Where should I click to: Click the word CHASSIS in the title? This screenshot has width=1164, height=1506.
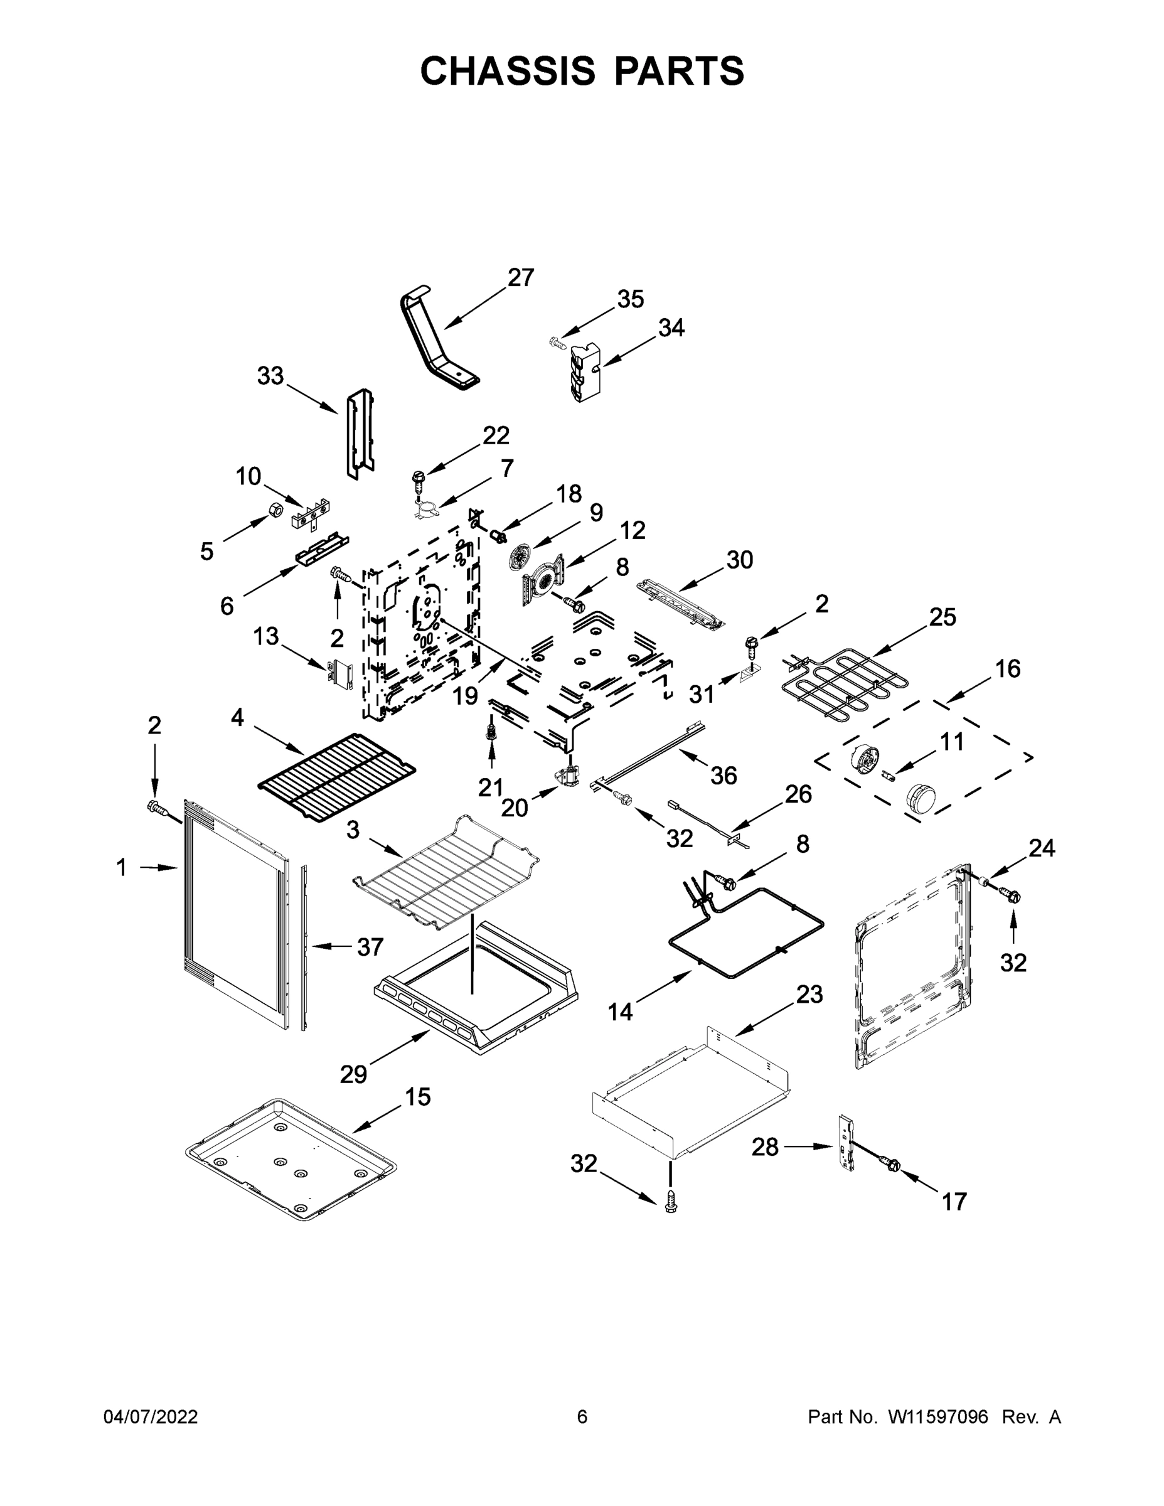pos(508,71)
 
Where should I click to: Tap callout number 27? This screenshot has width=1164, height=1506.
pos(521,277)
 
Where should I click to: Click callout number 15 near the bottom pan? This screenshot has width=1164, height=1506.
pos(417,1096)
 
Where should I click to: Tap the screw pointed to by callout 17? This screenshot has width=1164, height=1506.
pos(892,1165)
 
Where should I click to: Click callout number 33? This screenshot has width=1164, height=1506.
pos(270,376)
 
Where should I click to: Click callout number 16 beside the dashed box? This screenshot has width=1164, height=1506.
pos(1008,668)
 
